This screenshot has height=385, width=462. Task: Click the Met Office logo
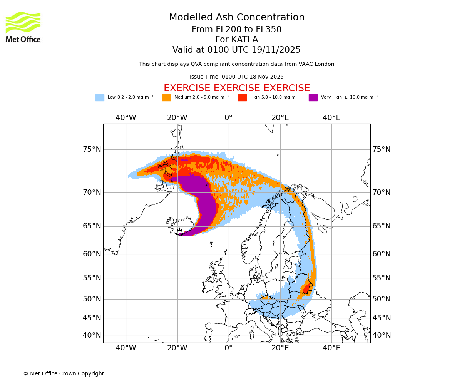click(23, 27)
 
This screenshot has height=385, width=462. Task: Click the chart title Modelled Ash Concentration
click(236, 18)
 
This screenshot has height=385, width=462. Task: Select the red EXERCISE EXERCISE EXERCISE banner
click(236, 88)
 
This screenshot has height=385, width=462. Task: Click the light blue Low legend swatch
click(100, 98)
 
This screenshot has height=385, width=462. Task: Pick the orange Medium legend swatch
click(166, 98)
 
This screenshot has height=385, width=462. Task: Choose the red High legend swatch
click(242, 98)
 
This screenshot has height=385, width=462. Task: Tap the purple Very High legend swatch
click(313, 98)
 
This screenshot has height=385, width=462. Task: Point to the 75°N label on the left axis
click(92, 149)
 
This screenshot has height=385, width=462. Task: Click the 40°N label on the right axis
click(381, 335)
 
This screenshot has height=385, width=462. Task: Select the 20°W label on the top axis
click(177, 118)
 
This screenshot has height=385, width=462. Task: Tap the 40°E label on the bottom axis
click(331, 348)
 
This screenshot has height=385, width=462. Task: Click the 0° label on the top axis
click(229, 118)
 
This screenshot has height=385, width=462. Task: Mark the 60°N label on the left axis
click(92, 254)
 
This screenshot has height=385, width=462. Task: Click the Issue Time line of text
click(236, 77)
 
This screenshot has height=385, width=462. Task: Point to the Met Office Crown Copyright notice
click(64, 374)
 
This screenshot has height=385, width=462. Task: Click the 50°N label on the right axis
click(381, 299)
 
